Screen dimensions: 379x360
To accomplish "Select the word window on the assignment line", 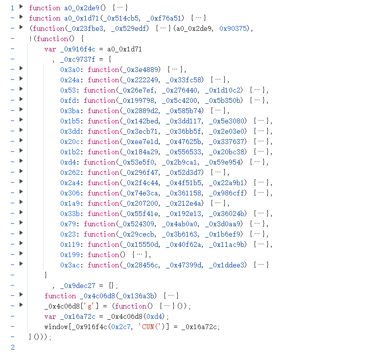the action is point(56,327).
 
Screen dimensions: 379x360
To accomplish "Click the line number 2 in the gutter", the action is point(12,347).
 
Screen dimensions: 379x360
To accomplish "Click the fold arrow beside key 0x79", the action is point(21,223).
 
